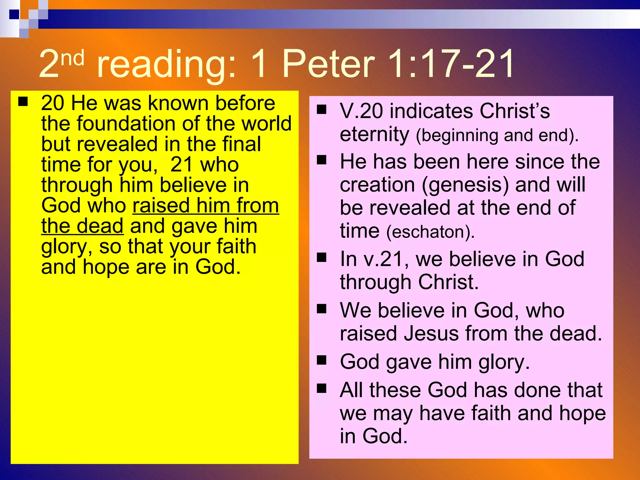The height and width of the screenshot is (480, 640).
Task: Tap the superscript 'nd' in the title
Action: click(72, 58)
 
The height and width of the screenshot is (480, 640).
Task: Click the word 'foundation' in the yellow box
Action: click(127, 123)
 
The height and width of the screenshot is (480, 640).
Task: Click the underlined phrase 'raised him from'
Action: click(206, 206)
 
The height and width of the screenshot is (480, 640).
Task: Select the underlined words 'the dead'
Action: click(82, 226)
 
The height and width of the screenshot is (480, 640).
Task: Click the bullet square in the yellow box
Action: click(23, 102)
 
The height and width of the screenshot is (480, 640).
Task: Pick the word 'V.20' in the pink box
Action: click(361, 111)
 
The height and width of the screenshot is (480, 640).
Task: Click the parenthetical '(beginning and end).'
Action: click(497, 135)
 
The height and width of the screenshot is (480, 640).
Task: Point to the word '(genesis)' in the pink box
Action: click(465, 185)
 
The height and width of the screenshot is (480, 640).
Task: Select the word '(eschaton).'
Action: click(430, 232)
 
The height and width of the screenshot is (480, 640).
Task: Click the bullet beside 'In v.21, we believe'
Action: click(322, 257)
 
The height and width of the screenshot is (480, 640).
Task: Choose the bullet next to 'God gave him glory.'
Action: click(322, 360)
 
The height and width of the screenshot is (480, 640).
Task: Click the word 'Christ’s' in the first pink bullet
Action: click(515, 111)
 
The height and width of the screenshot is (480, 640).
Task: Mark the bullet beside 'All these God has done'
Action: click(322, 388)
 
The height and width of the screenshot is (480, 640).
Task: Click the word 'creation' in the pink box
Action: click(377, 185)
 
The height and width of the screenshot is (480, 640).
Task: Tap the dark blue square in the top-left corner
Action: click(14, 14)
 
